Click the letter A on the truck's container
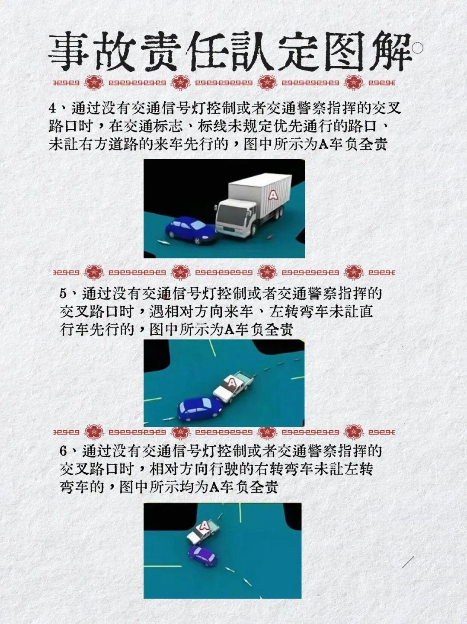pos(273,195)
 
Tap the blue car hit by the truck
pos(190,230)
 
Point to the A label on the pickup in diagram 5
pos(232,383)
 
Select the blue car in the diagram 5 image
pos(200,408)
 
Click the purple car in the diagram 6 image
pos(202,555)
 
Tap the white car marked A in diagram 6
pos(202,531)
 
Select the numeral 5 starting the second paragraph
pos(64,294)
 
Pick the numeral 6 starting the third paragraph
pos(64,451)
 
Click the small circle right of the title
pos(418,48)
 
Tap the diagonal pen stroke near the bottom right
pos(408,562)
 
